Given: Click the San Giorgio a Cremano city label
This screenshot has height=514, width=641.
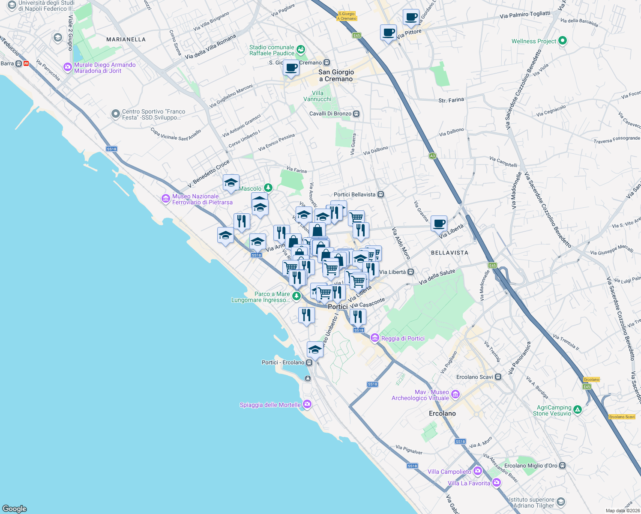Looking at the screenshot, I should tap(336, 75).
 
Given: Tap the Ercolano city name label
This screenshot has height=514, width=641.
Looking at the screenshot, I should tap(442, 413).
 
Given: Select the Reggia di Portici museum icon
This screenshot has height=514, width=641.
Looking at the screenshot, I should tap(375, 338).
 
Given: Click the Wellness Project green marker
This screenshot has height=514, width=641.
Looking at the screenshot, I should tap(563, 41).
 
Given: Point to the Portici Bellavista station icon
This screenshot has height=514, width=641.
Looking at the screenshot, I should tap(380, 194).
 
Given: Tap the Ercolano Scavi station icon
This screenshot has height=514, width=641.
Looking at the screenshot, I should tap(498, 377).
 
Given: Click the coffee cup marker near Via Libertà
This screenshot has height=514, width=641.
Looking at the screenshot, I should tap(439, 223).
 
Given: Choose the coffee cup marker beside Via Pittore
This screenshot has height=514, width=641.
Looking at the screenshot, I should tap(388, 33).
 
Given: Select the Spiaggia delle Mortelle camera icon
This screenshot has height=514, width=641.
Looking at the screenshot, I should tap(307, 404).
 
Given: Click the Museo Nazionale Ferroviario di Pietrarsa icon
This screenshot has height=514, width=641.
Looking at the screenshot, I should tap(165, 199).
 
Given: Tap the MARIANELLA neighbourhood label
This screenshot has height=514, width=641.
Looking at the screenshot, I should tap(126, 39).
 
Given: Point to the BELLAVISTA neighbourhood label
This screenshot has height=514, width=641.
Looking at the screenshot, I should tap(449, 253).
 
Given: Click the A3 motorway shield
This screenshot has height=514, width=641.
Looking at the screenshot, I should tap(432, 156).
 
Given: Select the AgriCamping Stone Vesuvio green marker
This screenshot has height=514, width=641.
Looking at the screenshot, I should tap(577, 410).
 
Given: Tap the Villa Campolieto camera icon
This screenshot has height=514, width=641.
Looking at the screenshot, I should tap(477, 471).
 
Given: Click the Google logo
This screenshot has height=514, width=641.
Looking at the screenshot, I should tap(15, 508).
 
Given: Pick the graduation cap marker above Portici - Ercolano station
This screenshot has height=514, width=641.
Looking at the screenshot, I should tap(315, 349).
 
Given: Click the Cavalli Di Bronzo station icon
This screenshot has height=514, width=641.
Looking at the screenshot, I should tap(356, 114).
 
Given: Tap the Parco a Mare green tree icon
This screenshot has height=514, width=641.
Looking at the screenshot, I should tap(296, 296).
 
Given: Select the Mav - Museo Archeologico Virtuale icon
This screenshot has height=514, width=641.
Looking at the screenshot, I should tap(455, 394).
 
